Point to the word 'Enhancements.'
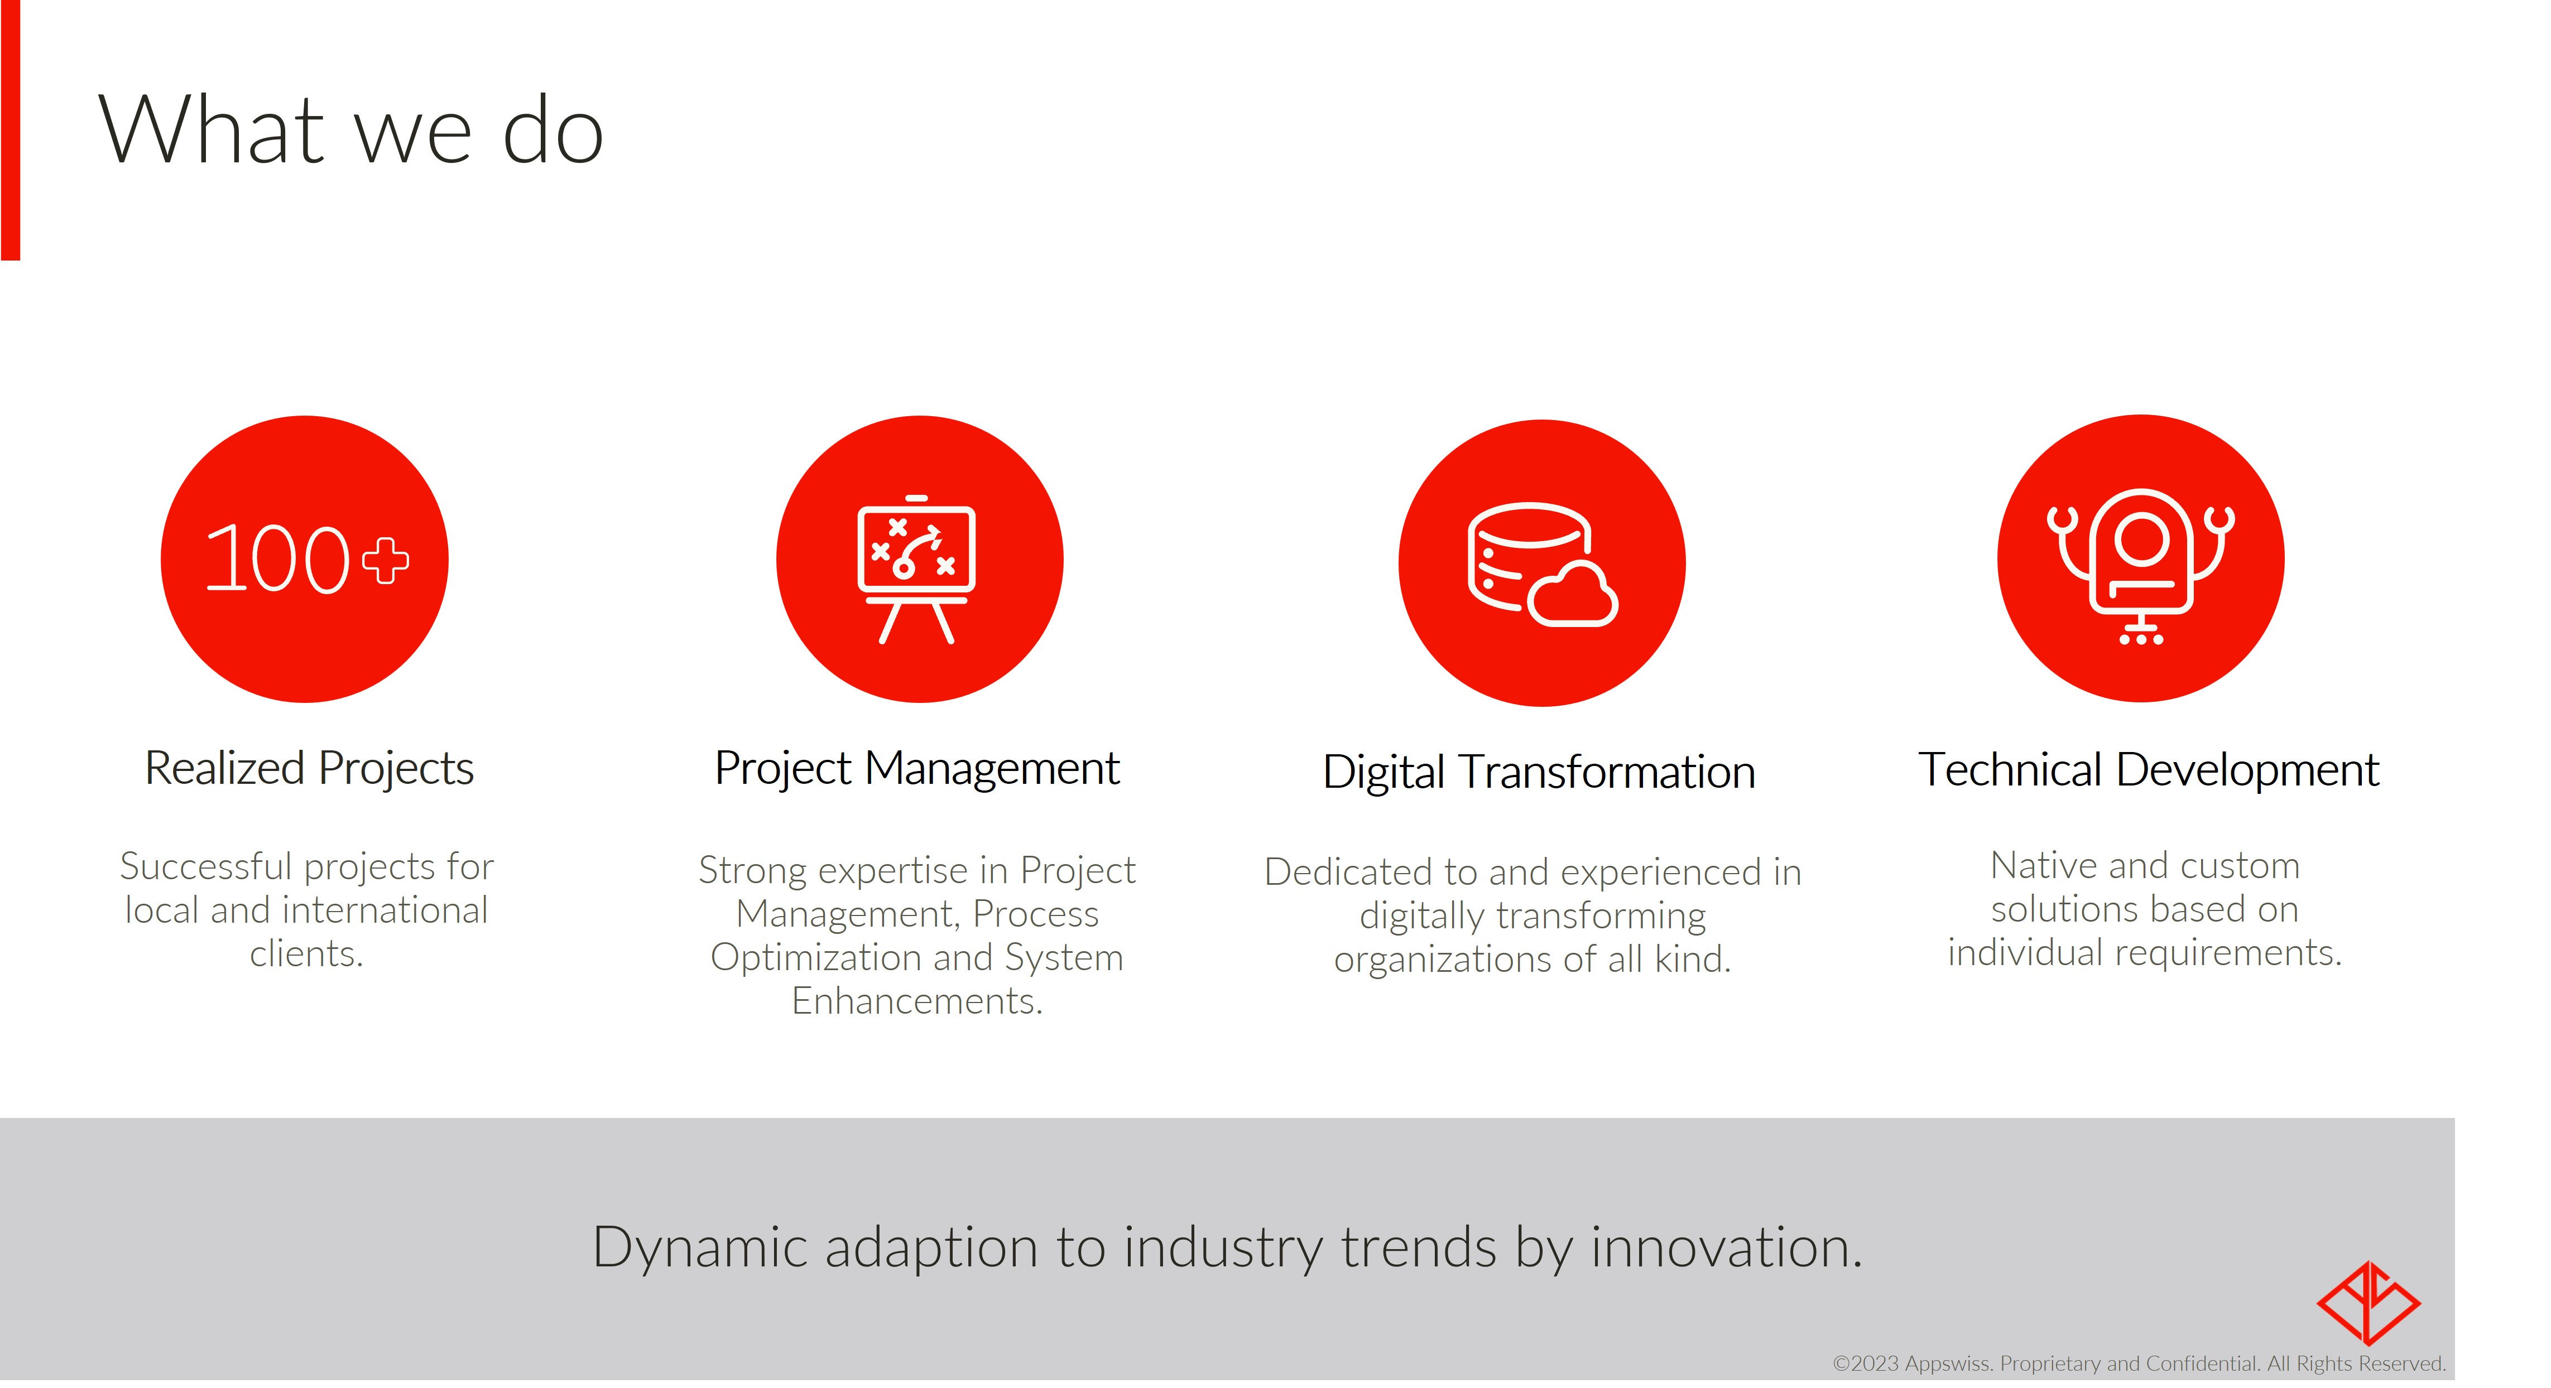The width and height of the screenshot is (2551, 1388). (x=917, y=1001)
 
